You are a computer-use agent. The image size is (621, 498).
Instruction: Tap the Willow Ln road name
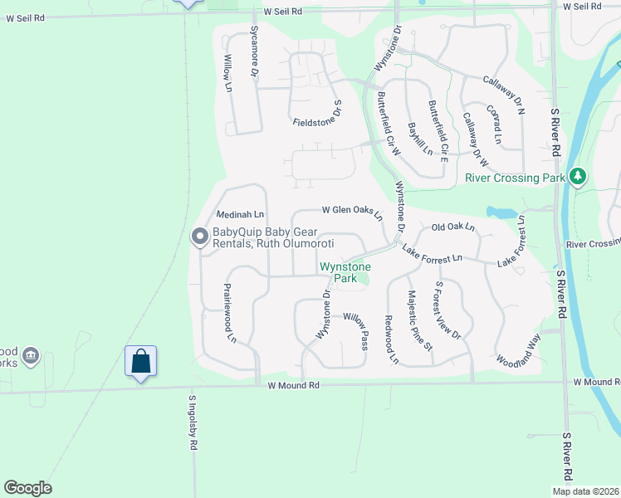(x=227, y=73)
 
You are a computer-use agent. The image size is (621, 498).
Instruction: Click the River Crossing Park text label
(x=515, y=178)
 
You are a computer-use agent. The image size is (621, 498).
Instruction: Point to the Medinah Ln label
(x=240, y=214)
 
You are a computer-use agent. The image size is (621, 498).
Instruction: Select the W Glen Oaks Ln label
(x=352, y=212)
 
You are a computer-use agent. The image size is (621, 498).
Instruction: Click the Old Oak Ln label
(x=452, y=227)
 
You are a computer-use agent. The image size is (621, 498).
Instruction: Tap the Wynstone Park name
(x=345, y=272)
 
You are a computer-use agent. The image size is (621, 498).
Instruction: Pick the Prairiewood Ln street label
(x=230, y=313)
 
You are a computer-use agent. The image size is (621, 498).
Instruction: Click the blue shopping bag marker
(x=141, y=361)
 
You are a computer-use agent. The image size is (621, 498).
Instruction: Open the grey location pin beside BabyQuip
(x=199, y=237)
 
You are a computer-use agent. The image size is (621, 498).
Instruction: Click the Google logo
(x=27, y=488)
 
